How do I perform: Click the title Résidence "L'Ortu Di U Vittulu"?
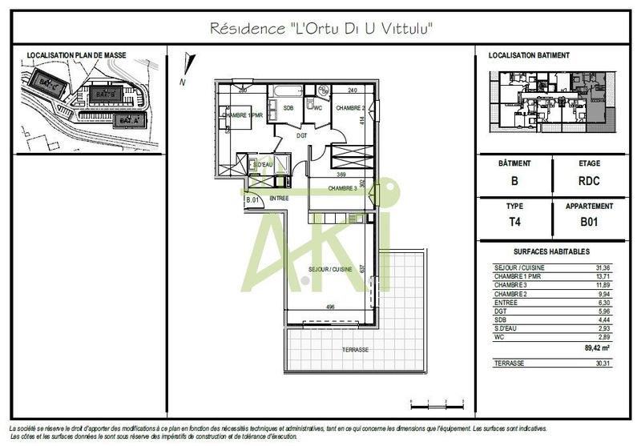[321, 28]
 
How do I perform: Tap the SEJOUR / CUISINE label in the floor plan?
[332, 270]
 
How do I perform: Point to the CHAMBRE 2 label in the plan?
[350, 108]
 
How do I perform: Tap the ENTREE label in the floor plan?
[279, 198]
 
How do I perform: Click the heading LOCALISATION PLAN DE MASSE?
[69, 56]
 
